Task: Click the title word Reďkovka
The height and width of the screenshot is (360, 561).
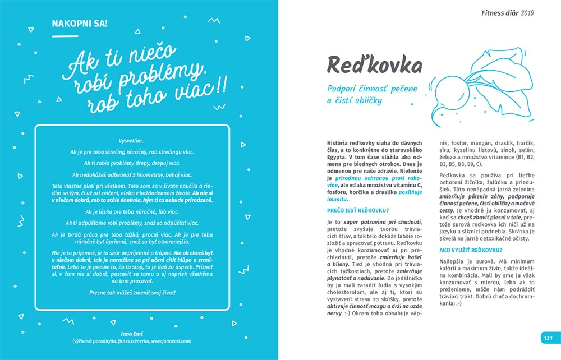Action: pyautogui.click(x=374, y=66)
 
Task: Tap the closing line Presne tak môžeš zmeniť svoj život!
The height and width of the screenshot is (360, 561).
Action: pyautogui.click(x=132, y=293)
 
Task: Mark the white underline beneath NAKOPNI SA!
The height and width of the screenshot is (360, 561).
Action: pyautogui.click(x=65, y=35)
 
